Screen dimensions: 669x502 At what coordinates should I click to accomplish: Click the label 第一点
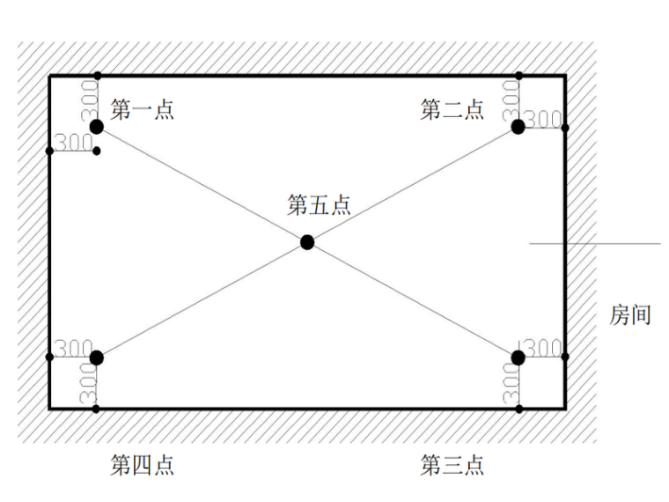coord(142,110)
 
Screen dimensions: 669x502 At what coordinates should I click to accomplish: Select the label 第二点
coord(452,110)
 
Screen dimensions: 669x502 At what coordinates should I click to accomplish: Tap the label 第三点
coord(452,465)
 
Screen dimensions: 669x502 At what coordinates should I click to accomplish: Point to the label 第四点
coord(142,465)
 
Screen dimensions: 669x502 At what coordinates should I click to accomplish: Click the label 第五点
coord(319,205)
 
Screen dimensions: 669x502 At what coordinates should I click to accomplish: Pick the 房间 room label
coord(630,314)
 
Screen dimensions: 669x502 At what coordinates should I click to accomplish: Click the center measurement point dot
coord(306,242)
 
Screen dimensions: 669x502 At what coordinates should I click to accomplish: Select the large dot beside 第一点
coord(96,127)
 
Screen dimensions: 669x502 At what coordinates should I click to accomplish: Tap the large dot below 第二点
coord(518,127)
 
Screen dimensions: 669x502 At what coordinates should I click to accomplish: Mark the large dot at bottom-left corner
coord(96,358)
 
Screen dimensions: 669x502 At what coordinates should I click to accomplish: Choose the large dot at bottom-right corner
coord(518,358)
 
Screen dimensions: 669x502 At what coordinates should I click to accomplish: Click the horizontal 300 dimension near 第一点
coord(73,141)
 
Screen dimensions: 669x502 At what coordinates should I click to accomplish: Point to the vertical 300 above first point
coord(88,100)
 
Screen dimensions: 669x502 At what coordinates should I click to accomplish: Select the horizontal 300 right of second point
coord(544,119)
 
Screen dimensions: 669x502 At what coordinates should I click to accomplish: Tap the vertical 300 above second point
coord(510,100)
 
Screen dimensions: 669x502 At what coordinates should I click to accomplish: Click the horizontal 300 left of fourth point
coord(73,348)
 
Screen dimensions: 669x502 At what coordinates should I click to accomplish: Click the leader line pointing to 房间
coord(594,243)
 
